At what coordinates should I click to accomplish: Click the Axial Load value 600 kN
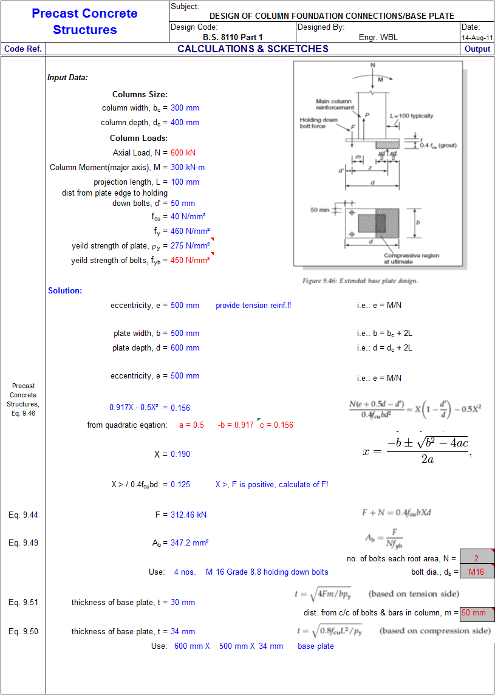(183, 153)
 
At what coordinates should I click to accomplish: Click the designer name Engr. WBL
(378, 38)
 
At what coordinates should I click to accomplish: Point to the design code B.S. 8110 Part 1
(233, 38)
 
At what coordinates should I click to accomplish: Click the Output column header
(477, 49)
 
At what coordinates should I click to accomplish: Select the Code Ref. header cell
(22, 49)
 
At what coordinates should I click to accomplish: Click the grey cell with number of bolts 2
(476, 558)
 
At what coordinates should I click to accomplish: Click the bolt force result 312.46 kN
(188, 515)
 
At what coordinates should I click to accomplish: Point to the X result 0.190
(180, 454)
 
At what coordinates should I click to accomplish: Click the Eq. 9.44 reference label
(23, 515)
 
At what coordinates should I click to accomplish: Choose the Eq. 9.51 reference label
(23, 603)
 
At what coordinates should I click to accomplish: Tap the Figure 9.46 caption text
(360, 281)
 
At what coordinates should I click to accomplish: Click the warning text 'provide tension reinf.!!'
(253, 306)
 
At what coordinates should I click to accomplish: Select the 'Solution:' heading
(65, 291)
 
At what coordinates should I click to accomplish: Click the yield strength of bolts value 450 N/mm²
(189, 261)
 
